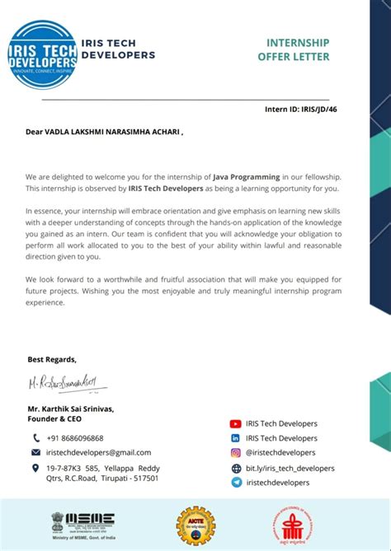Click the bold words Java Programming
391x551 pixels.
tap(232, 177)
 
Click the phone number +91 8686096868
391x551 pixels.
tap(75, 438)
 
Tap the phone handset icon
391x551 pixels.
tap(36, 438)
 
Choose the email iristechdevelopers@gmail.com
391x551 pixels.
tap(99, 452)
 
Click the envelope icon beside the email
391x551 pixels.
tap(36, 452)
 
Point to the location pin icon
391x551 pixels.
tap(36, 468)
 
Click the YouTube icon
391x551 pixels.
tap(236, 424)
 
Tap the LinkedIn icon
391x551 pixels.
tap(236, 439)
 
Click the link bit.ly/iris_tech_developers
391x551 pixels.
tap(290, 468)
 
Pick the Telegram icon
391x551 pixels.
tap(236, 483)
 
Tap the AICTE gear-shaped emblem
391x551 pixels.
tap(195, 525)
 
